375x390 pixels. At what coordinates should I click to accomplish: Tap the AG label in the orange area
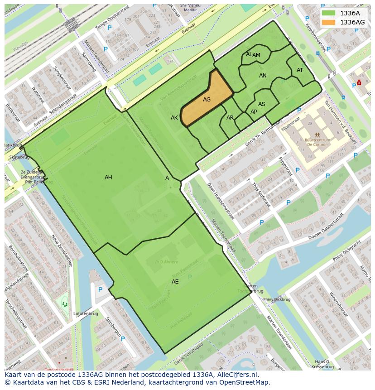207,100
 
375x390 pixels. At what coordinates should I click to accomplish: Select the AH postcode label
108,178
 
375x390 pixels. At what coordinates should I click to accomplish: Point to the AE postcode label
175,282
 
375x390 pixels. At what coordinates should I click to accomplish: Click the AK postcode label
174,118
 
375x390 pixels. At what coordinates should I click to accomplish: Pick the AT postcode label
300,70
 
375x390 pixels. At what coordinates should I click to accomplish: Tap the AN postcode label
263,76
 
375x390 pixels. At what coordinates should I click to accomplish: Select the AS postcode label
262,104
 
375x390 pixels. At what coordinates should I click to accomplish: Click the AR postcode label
230,118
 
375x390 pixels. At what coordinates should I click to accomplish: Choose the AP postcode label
254,112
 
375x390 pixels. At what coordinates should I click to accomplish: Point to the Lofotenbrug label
86,313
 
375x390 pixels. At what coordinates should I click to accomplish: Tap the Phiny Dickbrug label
277,299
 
